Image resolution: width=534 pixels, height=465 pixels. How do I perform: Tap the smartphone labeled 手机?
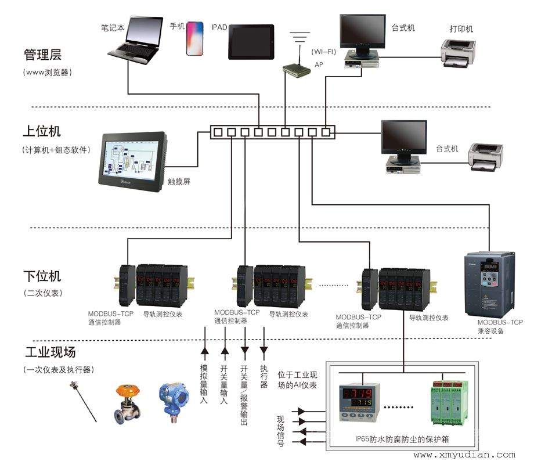pos(195,39)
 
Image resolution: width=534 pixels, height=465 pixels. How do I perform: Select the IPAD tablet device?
pos(251,42)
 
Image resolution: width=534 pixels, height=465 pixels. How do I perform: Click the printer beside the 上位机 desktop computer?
pos(486,157)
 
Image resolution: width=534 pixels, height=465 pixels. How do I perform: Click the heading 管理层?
pos(42,55)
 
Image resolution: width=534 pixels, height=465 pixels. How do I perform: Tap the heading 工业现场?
pos(50,352)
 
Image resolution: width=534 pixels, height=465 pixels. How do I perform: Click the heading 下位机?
pos(42,276)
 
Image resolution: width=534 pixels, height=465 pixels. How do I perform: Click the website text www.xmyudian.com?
pos(464,455)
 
